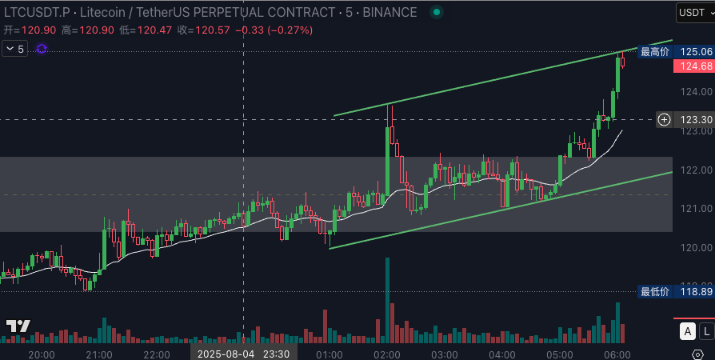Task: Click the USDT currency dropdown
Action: coord(693,12)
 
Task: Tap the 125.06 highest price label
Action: coord(695,51)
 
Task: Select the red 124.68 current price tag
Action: coord(695,66)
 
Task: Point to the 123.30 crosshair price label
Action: coord(695,120)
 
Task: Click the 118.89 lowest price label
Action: coord(695,292)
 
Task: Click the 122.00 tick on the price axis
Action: coord(695,170)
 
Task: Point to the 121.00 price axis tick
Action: coord(695,209)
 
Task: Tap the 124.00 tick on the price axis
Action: coord(695,91)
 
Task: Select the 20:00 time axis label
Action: coord(41,354)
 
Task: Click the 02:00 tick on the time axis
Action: coord(387,354)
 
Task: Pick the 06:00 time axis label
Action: coord(617,354)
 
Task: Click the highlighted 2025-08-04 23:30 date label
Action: coord(243,353)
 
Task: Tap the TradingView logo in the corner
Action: coord(18,326)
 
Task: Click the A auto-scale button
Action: coord(687,331)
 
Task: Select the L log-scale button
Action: coord(707,331)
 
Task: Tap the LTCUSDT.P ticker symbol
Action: coord(37,12)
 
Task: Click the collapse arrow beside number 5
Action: coord(10,49)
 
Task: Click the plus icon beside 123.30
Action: coord(664,120)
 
